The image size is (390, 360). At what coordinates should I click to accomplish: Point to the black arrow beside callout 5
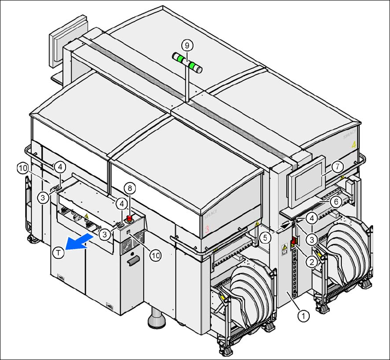[286, 226]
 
